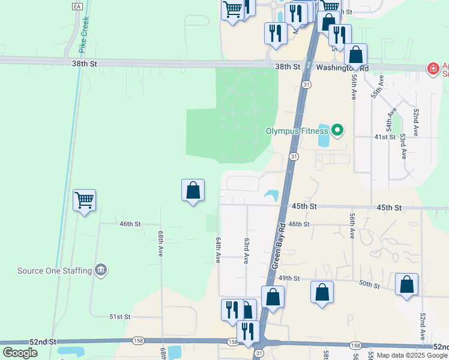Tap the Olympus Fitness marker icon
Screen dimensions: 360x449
pyautogui.click(x=337, y=130)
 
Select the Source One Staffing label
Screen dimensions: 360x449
pyautogui.click(x=55, y=271)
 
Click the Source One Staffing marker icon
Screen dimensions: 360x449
pyautogui.click(x=101, y=271)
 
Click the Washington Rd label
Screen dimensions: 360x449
pyautogui.click(x=342, y=68)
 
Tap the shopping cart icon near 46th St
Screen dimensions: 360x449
pyautogui.click(x=85, y=200)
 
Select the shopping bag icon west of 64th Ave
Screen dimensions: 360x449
pyautogui.click(x=193, y=190)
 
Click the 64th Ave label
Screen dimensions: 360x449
pyautogui.click(x=218, y=249)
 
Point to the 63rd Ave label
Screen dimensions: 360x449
pyautogui.click(x=246, y=251)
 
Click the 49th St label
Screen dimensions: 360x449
pyautogui.click(x=289, y=278)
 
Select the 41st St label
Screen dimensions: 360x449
pyautogui.click(x=385, y=137)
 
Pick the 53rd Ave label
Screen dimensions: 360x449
pyautogui.click(x=402, y=146)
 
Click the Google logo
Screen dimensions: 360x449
pyautogui.click(x=20, y=353)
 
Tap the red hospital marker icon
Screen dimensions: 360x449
pyautogui.click(x=432, y=69)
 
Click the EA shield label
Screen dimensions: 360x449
pyautogui.click(x=76, y=6)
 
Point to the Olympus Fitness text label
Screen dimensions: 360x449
pyautogui.click(x=298, y=130)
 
